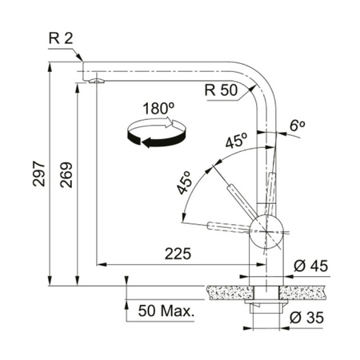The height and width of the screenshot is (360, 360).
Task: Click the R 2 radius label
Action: point(62,38)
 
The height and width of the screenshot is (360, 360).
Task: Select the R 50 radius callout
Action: point(220,90)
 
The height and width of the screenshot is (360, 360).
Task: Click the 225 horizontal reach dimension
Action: point(176,254)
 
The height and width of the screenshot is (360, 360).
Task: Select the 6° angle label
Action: point(298,126)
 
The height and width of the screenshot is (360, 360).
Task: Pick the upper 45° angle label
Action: point(236,143)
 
